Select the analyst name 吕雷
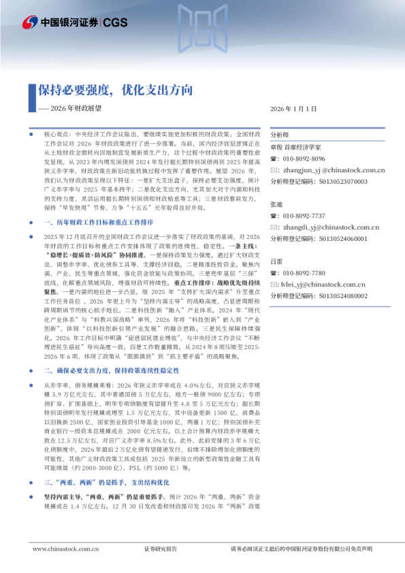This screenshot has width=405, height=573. point(276,261)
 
